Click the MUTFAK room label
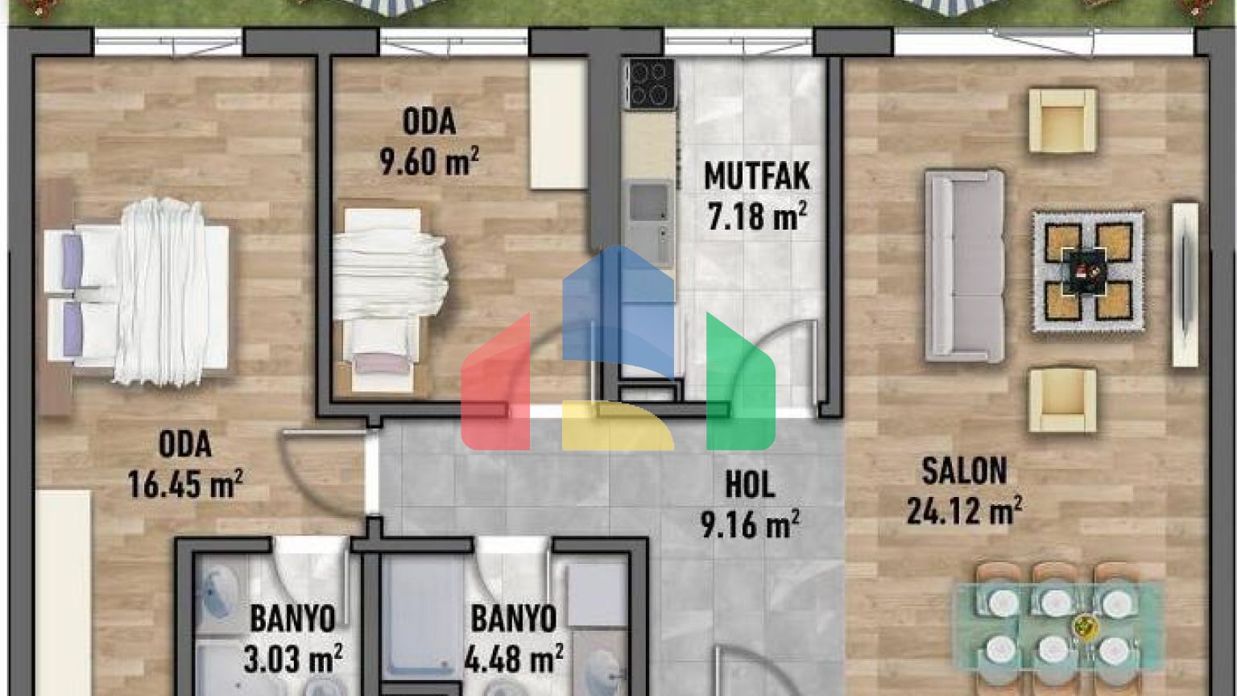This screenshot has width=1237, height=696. (x=756, y=176)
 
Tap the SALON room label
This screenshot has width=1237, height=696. (x=964, y=471)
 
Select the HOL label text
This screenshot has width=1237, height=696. (x=750, y=484)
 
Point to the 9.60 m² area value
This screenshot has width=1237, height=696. (x=429, y=160)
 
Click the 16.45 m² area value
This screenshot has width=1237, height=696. (x=185, y=484)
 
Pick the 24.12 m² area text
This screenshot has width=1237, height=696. (x=964, y=511)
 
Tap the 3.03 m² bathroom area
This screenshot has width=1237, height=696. (x=292, y=658)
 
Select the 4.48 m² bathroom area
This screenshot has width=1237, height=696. (x=514, y=658)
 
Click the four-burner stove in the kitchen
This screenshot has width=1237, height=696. (x=652, y=84)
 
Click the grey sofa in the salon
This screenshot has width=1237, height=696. (x=965, y=266)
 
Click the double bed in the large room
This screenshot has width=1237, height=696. (x=136, y=292)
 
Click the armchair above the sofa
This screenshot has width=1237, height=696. (x=1062, y=120)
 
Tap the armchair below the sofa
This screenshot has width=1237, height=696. (x=1062, y=400)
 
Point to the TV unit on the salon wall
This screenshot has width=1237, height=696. (x=1185, y=284)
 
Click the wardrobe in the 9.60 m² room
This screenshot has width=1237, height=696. (x=558, y=124)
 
